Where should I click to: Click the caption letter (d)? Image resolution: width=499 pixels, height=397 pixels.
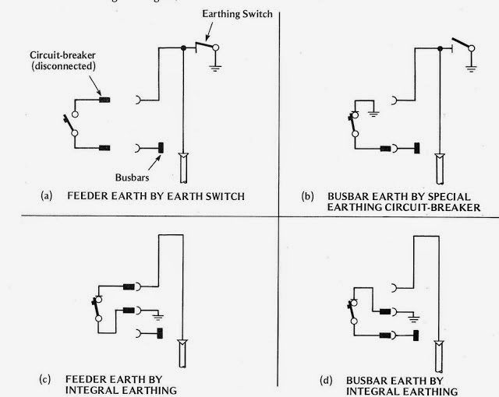(326, 379)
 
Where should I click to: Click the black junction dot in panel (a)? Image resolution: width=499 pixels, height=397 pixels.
(184, 48)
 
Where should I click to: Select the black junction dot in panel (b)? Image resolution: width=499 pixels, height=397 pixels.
(439, 48)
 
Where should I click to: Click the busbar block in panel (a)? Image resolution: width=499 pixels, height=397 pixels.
(161, 146)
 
